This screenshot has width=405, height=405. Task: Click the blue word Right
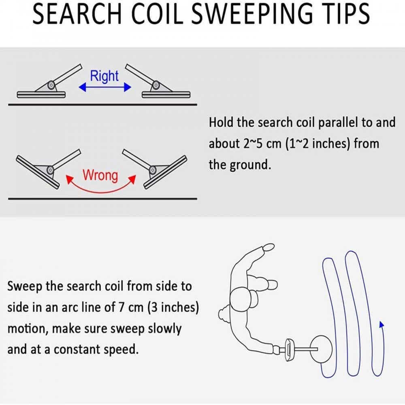coord(104,76)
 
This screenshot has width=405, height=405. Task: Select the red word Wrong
coord(100,175)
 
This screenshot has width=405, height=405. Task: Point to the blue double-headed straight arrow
coord(105,87)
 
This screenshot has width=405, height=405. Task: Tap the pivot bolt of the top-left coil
coord(51,85)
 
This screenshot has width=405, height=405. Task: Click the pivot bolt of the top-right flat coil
coord(156,85)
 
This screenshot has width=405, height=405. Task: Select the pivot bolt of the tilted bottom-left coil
coord(50,170)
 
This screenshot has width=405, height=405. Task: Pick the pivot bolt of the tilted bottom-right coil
coord(153,170)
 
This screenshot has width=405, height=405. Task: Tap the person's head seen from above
coord(241,299)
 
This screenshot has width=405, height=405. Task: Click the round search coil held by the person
coord(321,349)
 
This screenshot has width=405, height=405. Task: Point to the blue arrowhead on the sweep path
coord(381,324)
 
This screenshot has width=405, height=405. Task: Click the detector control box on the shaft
coord(289,350)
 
